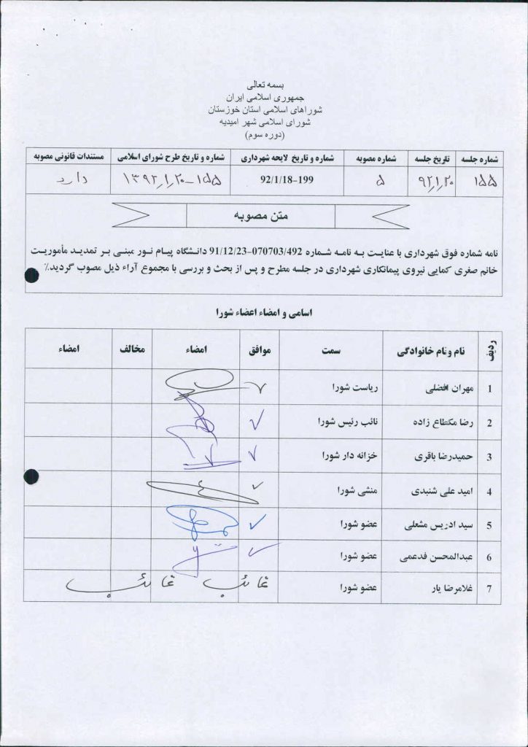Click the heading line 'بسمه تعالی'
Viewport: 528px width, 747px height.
point(264,85)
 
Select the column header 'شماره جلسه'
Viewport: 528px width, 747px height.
point(481,157)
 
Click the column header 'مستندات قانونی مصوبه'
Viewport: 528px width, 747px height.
point(68,157)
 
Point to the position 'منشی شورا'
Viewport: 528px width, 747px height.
point(353,489)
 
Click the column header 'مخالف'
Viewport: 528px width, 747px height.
point(132,351)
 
